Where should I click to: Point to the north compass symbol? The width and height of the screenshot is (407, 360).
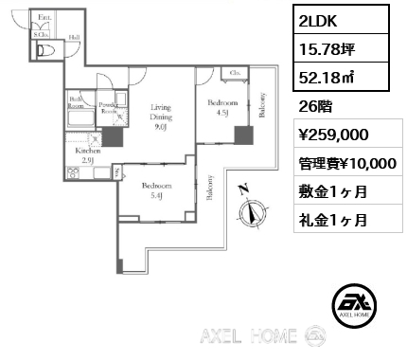tap(252, 211)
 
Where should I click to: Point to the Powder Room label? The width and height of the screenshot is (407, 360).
tap(107, 107)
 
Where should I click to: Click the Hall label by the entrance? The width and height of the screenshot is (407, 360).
tap(74, 38)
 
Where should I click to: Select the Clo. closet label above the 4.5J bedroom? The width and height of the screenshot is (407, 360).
tap(234, 72)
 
